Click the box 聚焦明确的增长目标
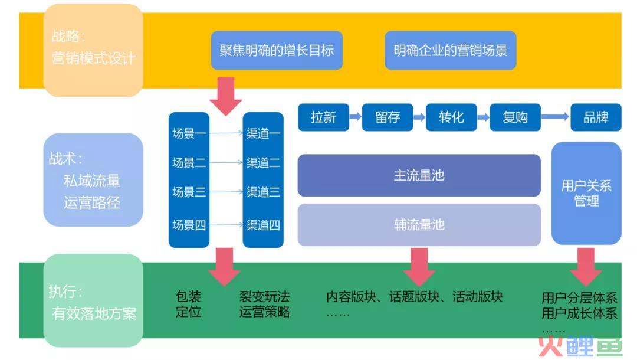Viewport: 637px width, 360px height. click(277, 50)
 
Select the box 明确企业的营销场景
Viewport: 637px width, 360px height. click(451, 50)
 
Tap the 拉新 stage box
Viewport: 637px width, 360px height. click(323, 117)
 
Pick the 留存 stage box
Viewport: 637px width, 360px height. click(388, 117)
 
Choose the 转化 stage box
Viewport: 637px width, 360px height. click(451, 117)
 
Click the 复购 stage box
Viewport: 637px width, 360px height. click(515, 117)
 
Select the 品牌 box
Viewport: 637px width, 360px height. click(596, 117)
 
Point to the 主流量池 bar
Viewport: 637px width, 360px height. click(419, 175)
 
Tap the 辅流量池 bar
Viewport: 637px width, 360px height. click(419, 225)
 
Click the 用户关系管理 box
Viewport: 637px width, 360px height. click(586, 194)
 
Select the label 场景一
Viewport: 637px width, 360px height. click(189, 133)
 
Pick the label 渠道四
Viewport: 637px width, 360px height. click(263, 225)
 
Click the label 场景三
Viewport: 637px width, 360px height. click(189, 192)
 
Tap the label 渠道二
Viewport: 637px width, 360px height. click(263, 162)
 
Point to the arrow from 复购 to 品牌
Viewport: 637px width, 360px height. click(556, 117)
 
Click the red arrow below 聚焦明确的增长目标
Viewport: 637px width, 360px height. click(226, 96)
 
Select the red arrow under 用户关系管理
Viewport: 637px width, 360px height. click(586, 267)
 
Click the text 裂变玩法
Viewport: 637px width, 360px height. click(264, 297)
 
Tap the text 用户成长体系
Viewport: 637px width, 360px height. click(579, 313)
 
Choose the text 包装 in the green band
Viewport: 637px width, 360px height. click(189, 297)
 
